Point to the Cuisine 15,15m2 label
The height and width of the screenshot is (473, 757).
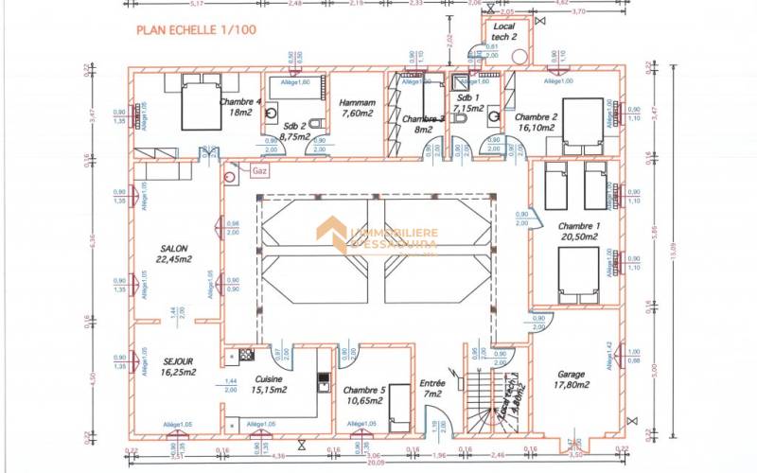click(270, 382)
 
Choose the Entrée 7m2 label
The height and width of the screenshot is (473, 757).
click(431, 388)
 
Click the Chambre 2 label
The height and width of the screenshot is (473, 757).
click(537, 117)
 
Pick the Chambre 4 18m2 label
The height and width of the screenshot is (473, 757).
click(240, 106)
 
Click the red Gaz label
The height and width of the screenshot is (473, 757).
click(259, 171)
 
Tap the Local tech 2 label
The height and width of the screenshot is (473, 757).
click(502, 31)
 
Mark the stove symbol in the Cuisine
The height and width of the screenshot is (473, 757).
click(246, 355)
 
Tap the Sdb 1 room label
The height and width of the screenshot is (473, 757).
click(467, 103)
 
